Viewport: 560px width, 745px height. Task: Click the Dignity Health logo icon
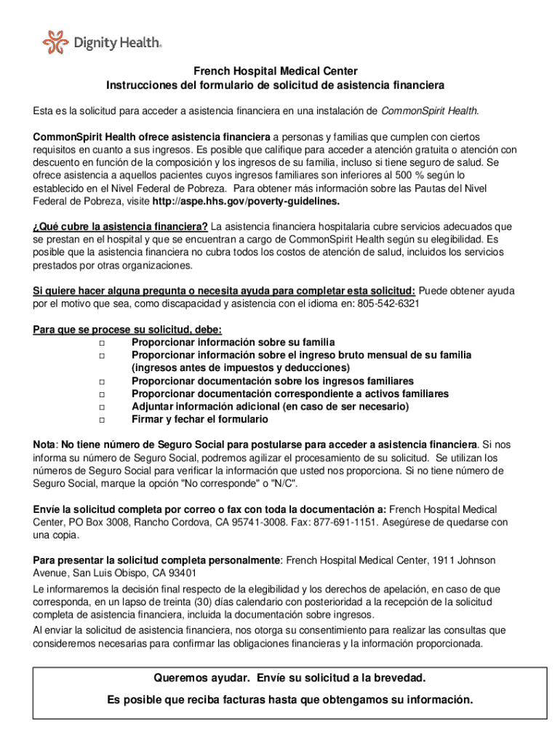(x=55, y=42)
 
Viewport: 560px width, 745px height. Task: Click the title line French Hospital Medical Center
(x=275, y=71)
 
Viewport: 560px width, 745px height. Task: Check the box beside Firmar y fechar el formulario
(x=102, y=421)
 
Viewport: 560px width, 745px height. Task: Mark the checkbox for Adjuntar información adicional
(x=102, y=407)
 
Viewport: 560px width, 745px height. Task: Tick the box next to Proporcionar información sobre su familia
(x=102, y=343)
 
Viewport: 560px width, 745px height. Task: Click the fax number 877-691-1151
(x=347, y=522)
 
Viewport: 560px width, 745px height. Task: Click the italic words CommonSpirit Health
(x=429, y=111)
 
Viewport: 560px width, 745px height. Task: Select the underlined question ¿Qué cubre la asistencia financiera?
(x=121, y=226)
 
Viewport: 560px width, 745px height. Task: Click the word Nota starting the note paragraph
(x=44, y=444)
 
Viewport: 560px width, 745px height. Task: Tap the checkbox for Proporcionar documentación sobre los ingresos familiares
(x=102, y=382)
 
